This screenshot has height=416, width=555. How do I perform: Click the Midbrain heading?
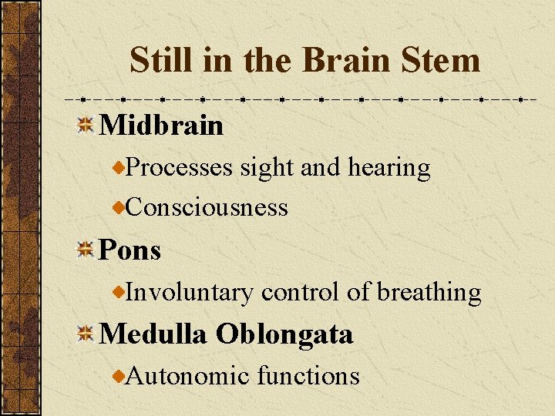point(161,125)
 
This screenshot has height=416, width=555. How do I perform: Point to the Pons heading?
point(130,250)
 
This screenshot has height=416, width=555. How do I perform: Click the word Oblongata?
point(284,334)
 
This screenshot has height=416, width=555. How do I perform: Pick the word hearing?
point(393,167)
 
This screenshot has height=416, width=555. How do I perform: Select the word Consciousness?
point(207,207)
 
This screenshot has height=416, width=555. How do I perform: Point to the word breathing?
point(429,293)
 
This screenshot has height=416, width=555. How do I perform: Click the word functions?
point(308,376)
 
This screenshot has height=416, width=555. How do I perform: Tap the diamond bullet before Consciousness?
point(119,207)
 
